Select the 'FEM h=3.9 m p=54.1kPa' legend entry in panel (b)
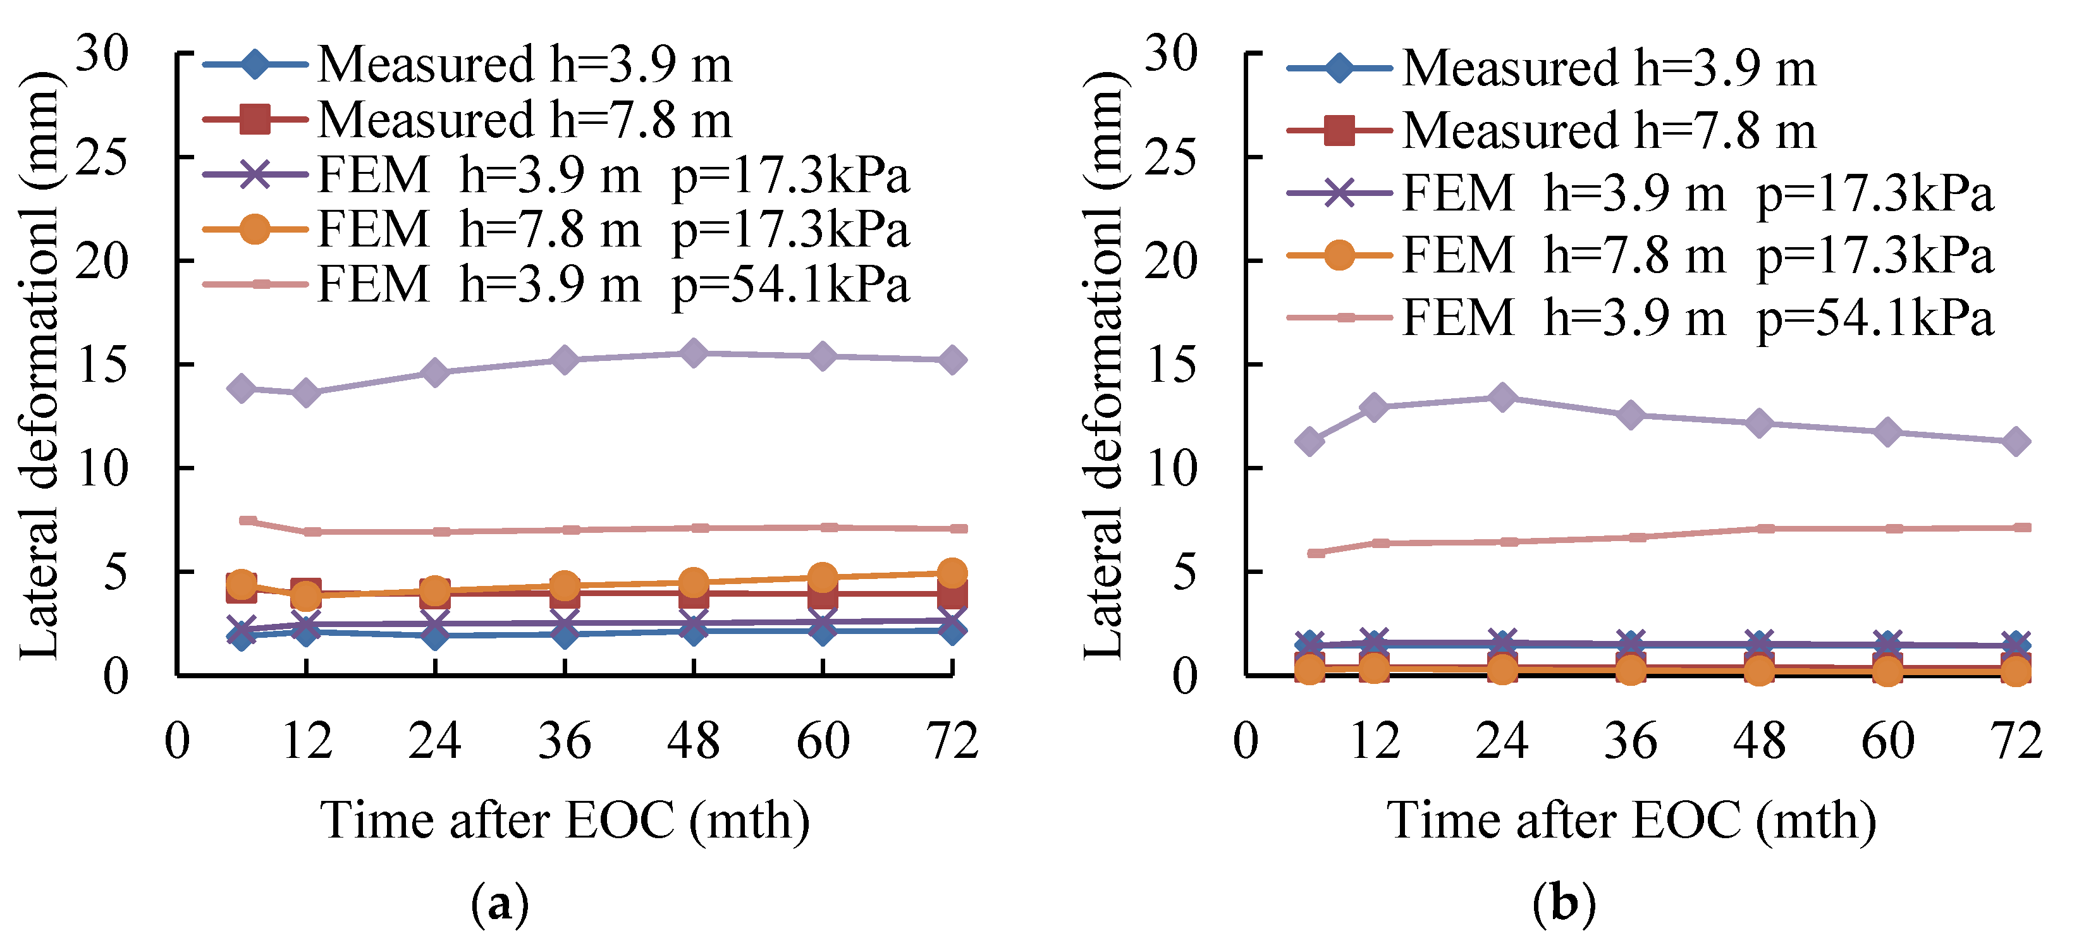pyautogui.click(x=1641, y=317)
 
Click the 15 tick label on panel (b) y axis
pyautogui.click(x=1171, y=365)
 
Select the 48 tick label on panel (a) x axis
pyautogui.click(x=693, y=740)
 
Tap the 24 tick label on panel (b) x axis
pyautogui.click(x=1502, y=740)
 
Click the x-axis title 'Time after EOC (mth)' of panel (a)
pyautogui.click(x=565, y=820)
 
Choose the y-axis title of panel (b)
pyautogui.click(x=1103, y=365)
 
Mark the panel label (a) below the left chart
pyautogui.click(x=500, y=904)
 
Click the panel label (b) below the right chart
pyautogui.click(x=1564, y=904)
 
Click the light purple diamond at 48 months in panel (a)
pyautogui.click(x=693, y=353)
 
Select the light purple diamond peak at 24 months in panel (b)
pyautogui.click(x=1502, y=397)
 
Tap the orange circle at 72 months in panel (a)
pyautogui.click(x=952, y=573)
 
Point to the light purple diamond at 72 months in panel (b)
pyautogui.click(x=2016, y=441)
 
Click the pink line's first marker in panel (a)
pyautogui.click(x=248, y=520)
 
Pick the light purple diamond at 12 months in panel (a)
pyautogui.click(x=306, y=393)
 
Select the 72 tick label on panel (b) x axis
pyautogui.click(x=2016, y=740)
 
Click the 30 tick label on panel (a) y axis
pyautogui.click(x=102, y=54)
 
